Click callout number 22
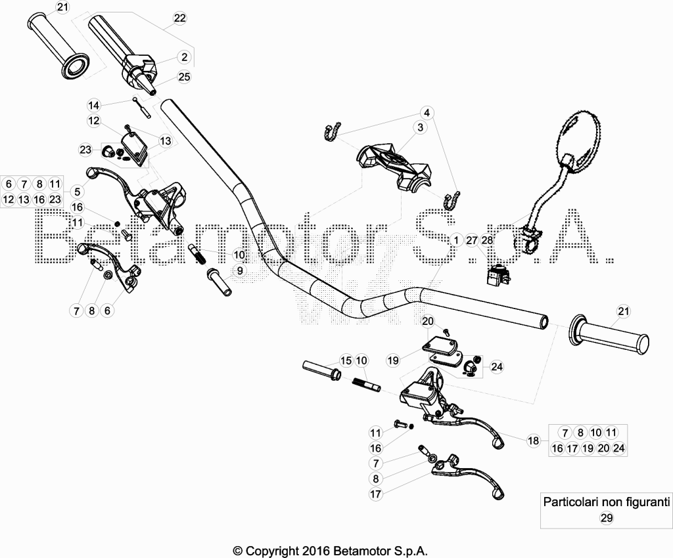click(180, 18)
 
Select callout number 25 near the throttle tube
click(184, 77)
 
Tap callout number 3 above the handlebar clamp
click(420, 127)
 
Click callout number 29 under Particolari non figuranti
click(607, 518)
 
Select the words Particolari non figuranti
click(607, 502)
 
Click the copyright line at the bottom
click(330, 551)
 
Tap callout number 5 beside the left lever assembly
click(78, 191)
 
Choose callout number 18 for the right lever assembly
click(533, 440)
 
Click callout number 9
click(240, 270)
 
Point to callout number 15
click(346, 360)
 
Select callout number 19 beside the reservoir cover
click(393, 360)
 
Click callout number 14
click(93, 105)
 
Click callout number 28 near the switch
click(487, 240)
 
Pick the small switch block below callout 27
click(498, 275)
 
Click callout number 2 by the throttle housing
click(184, 57)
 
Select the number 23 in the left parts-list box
click(55, 200)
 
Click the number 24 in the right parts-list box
click(618, 448)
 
